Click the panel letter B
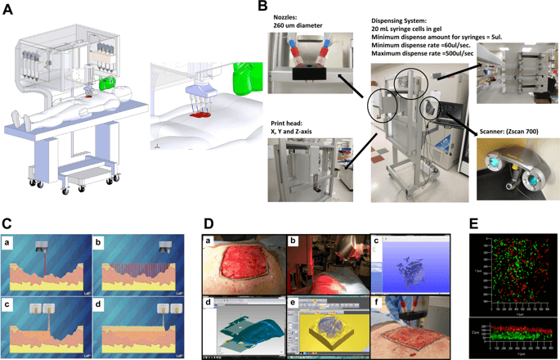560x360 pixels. point(262,7)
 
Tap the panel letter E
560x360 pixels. point(475,224)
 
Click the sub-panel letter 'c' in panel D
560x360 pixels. point(377,240)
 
